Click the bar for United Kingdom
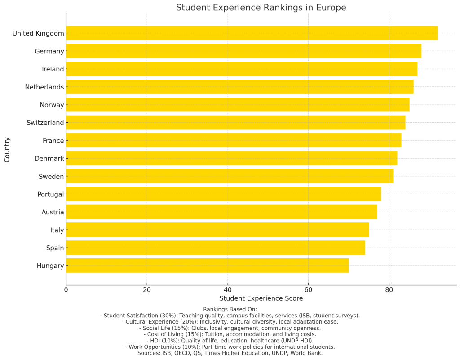[252, 33]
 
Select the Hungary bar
[207, 266]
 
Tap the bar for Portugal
[223, 194]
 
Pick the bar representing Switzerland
[235, 123]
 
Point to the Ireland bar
[242, 69]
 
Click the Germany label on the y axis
[49, 51]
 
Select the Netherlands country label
[44, 87]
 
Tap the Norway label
[52, 105]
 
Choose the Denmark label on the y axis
[49, 159]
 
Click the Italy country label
[57, 230]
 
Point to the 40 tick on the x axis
[227, 290]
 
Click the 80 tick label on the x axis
[389, 290]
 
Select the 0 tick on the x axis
[66, 290]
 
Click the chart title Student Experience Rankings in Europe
[261, 8]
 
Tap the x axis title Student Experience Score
[261, 298]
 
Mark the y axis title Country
[7, 150]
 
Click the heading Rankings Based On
[230, 309]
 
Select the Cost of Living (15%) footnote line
[230, 334]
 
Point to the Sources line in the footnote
[230, 353]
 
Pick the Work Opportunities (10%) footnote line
[230, 347]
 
